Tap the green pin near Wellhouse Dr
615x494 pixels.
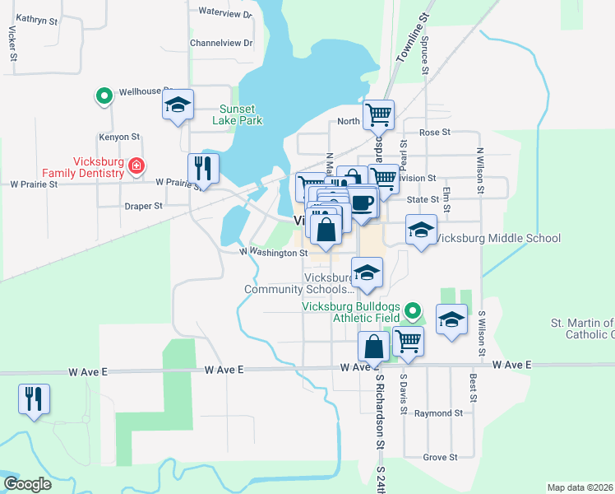(104, 96)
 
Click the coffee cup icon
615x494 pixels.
(363, 202)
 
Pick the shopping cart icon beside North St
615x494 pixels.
(378, 114)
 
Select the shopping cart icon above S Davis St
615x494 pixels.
(408, 339)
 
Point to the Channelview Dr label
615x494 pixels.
(221, 43)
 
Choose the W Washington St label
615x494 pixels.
(273, 254)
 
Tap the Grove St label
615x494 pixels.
(440, 457)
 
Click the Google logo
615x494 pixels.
(27, 484)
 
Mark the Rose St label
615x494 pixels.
(435, 132)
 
